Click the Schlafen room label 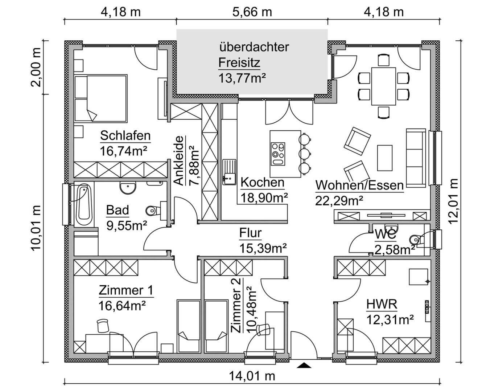(125, 136)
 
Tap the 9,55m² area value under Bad (126, 225)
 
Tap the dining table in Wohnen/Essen (383, 86)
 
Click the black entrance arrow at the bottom (304, 366)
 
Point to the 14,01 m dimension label (252, 376)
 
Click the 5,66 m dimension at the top (252, 12)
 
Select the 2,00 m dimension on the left (36, 68)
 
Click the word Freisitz (239, 63)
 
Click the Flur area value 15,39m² (263, 248)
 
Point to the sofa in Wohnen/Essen (416, 158)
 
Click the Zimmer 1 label (125, 291)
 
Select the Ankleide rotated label (178, 161)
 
